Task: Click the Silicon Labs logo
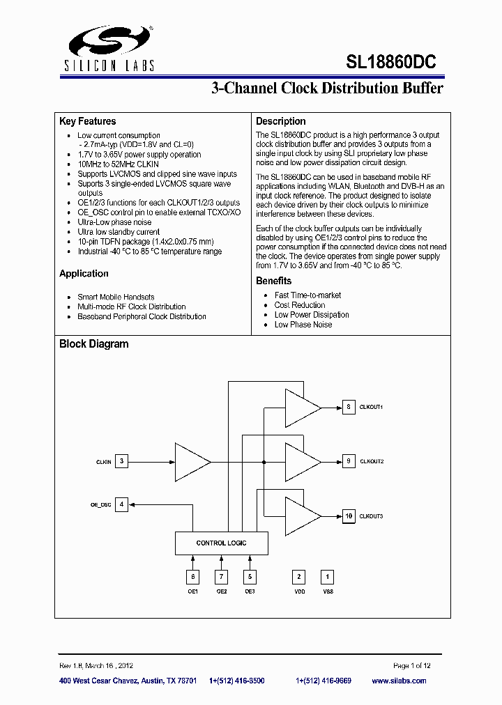(111, 49)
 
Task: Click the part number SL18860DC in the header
(390, 61)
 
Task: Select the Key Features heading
(87, 121)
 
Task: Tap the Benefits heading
(273, 281)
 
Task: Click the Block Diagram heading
(93, 343)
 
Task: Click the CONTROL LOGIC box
(221, 543)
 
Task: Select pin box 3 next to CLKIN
(122, 461)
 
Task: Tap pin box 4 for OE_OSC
(122, 504)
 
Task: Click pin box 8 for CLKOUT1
(348, 407)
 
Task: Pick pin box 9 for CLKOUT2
(348, 461)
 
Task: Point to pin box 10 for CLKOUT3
(348, 516)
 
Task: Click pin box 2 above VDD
(299, 576)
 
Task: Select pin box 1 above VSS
(328, 576)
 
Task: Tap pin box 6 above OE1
(192, 576)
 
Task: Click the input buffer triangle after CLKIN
(190, 461)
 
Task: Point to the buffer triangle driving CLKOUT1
(301, 407)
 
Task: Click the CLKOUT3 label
(371, 516)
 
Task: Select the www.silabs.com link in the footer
(399, 681)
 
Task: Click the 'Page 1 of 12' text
(412, 666)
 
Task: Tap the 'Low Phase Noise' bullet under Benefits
(303, 325)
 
